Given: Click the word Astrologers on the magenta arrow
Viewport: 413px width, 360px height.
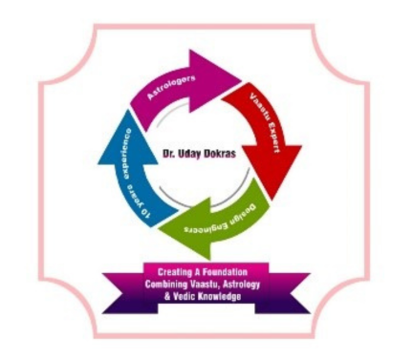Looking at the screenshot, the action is click(171, 88).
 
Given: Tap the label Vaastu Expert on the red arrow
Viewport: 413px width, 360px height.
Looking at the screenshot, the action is click(265, 123).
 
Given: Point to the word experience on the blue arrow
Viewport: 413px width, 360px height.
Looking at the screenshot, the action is click(128, 155).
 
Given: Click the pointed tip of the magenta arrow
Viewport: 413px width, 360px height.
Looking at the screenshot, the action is click(241, 77).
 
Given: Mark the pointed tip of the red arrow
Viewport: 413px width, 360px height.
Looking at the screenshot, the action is click(272, 200).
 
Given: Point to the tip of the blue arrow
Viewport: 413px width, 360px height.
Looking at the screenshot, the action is click(128, 110).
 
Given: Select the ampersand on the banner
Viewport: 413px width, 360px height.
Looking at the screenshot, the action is click(167, 297).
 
